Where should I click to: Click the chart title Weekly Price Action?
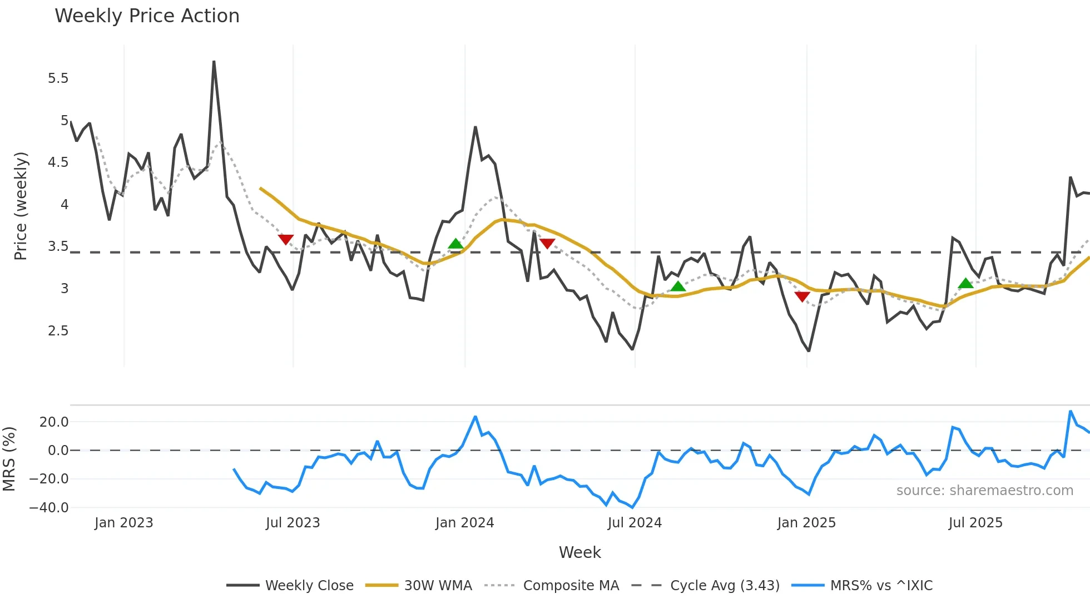(147, 16)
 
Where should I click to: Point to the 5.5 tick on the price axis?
(58, 78)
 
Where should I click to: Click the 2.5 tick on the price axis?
(58, 331)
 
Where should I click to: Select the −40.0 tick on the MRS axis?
(49, 507)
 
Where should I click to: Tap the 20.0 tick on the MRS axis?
(54, 422)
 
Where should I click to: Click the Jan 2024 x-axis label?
(464, 523)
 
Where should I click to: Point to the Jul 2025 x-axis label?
(975, 523)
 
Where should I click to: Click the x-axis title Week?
(579, 552)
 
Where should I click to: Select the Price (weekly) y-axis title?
(21, 206)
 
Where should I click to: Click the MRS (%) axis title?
(9, 459)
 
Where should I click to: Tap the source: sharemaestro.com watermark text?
(984, 491)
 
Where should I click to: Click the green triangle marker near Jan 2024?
(455, 244)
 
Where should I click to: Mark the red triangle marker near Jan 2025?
(802, 296)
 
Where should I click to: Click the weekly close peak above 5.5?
(214, 62)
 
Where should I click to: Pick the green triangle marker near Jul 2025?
(965, 284)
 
